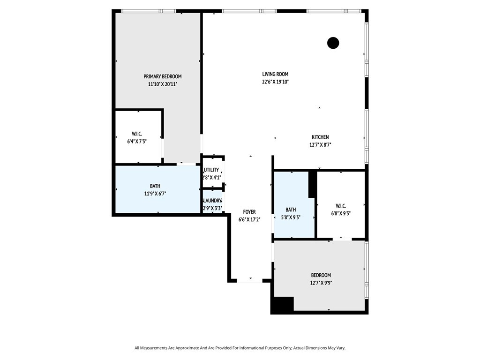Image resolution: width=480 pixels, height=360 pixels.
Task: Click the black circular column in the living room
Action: pyautogui.click(x=333, y=43)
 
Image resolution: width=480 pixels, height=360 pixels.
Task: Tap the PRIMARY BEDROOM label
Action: pyautogui.click(x=163, y=76)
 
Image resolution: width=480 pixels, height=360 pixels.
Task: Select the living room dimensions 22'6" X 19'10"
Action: pyautogui.click(x=276, y=82)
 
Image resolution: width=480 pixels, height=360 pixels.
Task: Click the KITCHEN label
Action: pyautogui.click(x=320, y=137)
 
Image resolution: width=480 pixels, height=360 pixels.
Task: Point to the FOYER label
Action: pyautogui.click(x=249, y=212)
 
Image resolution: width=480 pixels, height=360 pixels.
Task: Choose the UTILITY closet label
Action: pyautogui.click(x=211, y=170)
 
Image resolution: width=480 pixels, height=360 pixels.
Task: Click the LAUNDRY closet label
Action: pyautogui.click(x=212, y=201)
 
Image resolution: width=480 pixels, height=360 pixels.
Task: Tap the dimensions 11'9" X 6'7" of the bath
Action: pyautogui.click(x=155, y=194)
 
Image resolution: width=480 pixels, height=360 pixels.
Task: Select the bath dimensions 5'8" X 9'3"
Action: pyautogui.click(x=291, y=217)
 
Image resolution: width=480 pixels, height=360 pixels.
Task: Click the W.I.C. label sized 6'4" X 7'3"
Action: pyautogui.click(x=137, y=134)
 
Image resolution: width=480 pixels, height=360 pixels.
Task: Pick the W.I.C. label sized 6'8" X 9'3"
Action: pyautogui.click(x=341, y=206)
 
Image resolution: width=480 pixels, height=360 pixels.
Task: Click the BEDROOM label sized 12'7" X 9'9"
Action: pyautogui.click(x=321, y=275)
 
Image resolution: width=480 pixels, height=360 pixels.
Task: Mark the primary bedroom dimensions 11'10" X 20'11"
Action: pyautogui.click(x=163, y=84)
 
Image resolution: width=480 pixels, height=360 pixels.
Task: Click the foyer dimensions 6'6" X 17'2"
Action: pyautogui.click(x=249, y=219)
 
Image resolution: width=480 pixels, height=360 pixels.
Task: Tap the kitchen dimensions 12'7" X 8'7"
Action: pyautogui.click(x=321, y=145)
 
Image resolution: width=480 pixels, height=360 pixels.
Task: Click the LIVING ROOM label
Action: pyautogui.click(x=275, y=74)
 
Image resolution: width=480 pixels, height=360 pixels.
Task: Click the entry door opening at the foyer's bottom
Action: pyautogui.click(x=249, y=280)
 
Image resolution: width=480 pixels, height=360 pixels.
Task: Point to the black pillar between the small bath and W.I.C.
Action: pyautogui.click(x=312, y=184)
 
